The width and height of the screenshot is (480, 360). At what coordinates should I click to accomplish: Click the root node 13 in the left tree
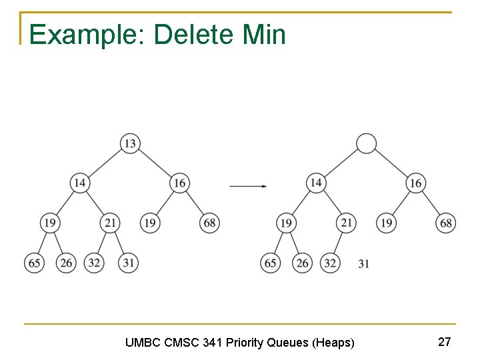click(x=130, y=143)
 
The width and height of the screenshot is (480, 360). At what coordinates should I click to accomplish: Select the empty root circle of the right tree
click(x=366, y=143)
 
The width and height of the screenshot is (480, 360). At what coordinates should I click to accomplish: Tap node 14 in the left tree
click(x=80, y=183)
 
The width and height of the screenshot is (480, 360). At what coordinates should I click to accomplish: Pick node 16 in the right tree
click(x=416, y=183)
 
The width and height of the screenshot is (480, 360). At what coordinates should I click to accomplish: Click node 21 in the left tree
click(x=110, y=223)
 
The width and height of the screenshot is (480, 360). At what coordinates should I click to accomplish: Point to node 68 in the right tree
click(x=447, y=223)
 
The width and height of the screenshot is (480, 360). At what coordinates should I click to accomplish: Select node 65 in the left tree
click(x=34, y=263)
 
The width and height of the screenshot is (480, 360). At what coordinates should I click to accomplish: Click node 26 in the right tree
click(x=302, y=263)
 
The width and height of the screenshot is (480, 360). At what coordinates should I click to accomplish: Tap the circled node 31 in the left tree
click(x=129, y=263)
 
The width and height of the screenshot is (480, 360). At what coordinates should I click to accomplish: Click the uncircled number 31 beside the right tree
click(x=363, y=264)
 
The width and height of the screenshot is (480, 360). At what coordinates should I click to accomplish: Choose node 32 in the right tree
click(x=330, y=263)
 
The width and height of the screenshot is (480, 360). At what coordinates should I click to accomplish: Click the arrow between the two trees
click(x=248, y=186)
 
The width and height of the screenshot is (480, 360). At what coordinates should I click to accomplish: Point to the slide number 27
click(x=445, y=342)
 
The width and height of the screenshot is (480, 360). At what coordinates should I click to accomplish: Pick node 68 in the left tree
click(x=210, y=223)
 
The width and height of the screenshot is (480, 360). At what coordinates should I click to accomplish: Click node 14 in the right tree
click(x=316, y=183)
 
